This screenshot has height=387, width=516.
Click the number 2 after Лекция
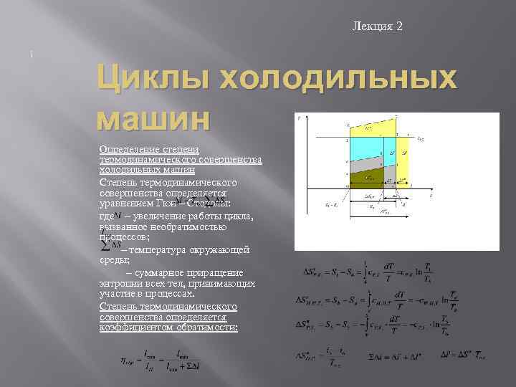tap(399, 27)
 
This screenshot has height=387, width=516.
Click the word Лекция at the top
tap(372, 27)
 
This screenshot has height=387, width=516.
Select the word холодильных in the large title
tap(335, 77)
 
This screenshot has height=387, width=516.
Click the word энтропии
tap(121, 284)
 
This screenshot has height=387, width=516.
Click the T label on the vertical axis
tap(298, 119)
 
